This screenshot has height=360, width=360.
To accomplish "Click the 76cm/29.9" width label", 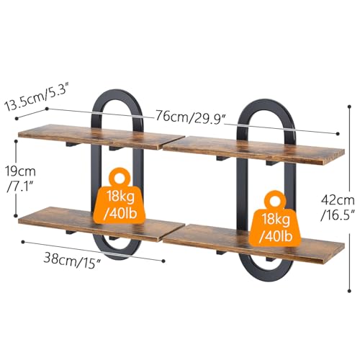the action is (x=191, y=117).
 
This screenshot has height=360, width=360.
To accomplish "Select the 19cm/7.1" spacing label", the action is (x=21, y=179).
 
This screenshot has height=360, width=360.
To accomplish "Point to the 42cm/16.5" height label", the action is (x=338, y=208).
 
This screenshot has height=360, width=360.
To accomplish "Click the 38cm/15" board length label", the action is (x=72, y=261).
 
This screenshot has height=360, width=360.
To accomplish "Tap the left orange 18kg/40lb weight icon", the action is (x=120, y=197).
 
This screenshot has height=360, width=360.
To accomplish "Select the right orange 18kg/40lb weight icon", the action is (x=275, y=219).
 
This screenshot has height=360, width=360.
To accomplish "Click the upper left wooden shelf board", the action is (x=101, y=136).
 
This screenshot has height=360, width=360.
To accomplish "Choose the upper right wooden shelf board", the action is (x=253, y=150).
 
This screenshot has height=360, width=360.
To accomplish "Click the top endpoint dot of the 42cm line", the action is (x=349, y=107).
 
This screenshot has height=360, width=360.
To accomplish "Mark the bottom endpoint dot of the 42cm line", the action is (x=349, y=291).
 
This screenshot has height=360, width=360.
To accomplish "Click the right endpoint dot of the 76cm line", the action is (x=338, y=133).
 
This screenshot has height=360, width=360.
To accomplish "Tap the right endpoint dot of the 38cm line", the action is (x=163, y=261).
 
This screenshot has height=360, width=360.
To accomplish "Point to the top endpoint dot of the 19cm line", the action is (x=16, y=141).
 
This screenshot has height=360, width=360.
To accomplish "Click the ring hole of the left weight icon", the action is (x=120, y=179).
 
